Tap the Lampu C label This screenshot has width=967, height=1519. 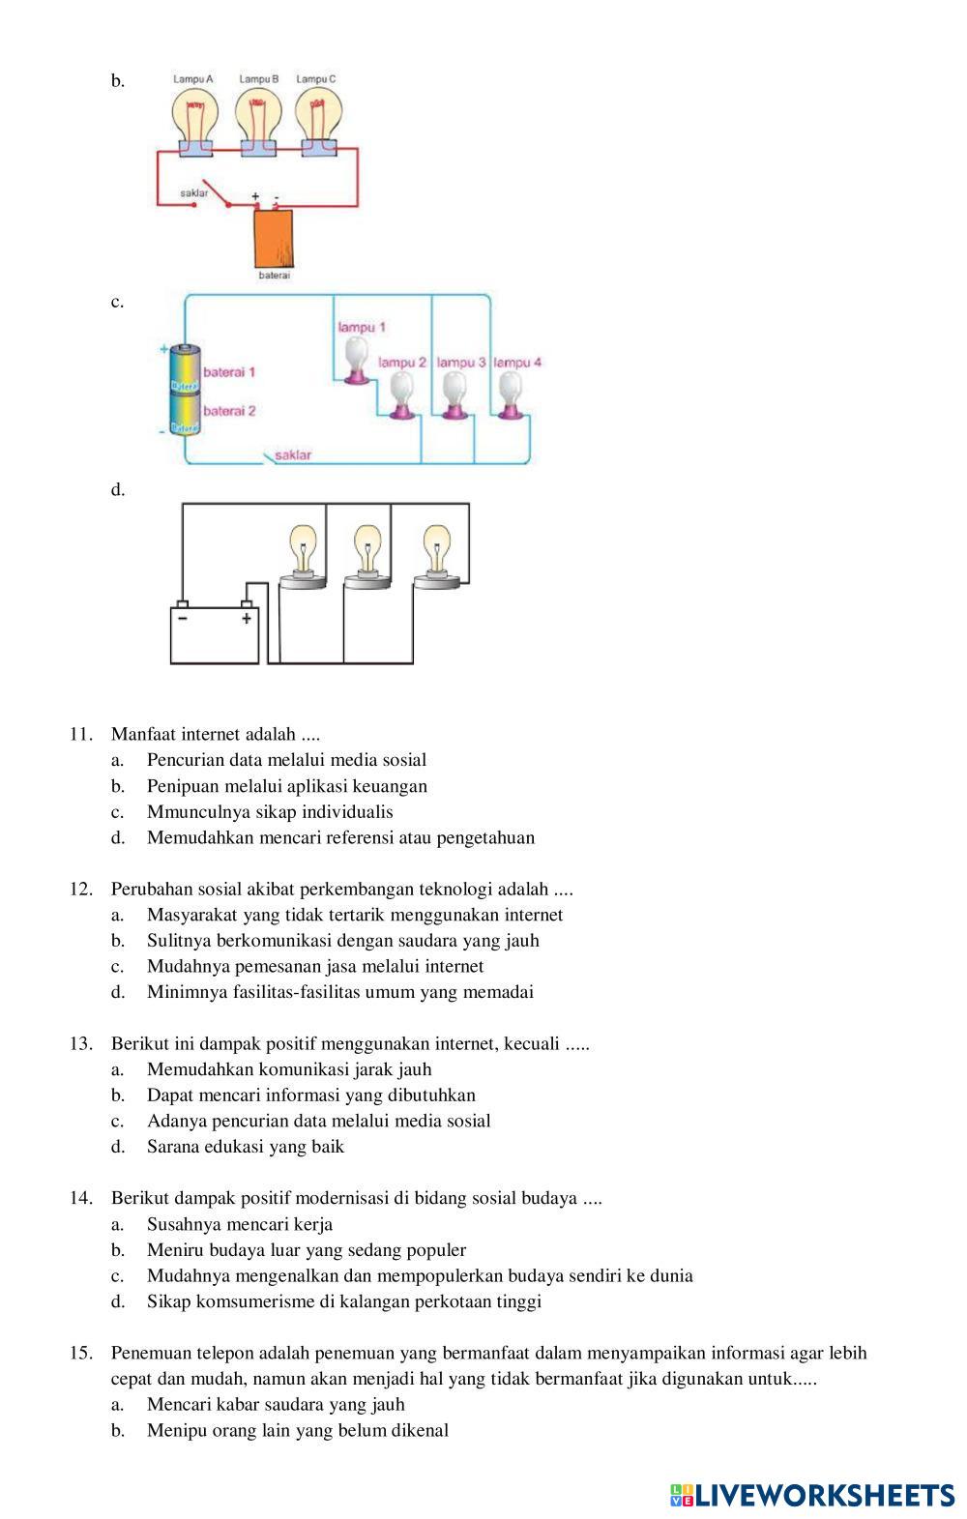click(x=315, y=78)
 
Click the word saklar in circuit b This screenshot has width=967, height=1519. click(x=194, y=193)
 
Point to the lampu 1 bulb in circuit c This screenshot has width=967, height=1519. click(x=358, y=357)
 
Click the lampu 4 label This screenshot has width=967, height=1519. click(x=517, y=363)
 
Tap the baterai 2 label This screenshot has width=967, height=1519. click(x=229, y=411)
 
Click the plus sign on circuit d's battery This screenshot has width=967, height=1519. click(x=247, y=619)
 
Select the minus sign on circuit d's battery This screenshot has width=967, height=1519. click(x=183, y=619)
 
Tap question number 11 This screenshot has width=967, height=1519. click(x=80, y=734)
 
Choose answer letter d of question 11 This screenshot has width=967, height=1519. click(x=117, y=837)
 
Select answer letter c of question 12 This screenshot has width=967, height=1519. click(x=117, y=966)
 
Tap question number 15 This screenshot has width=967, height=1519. click(x=80, y=1353)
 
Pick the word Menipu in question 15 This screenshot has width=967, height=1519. click(x=175, y=1430)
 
